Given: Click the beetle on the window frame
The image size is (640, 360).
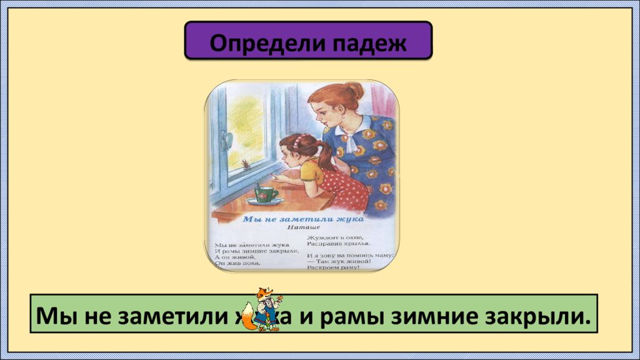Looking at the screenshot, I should [246, 165].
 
